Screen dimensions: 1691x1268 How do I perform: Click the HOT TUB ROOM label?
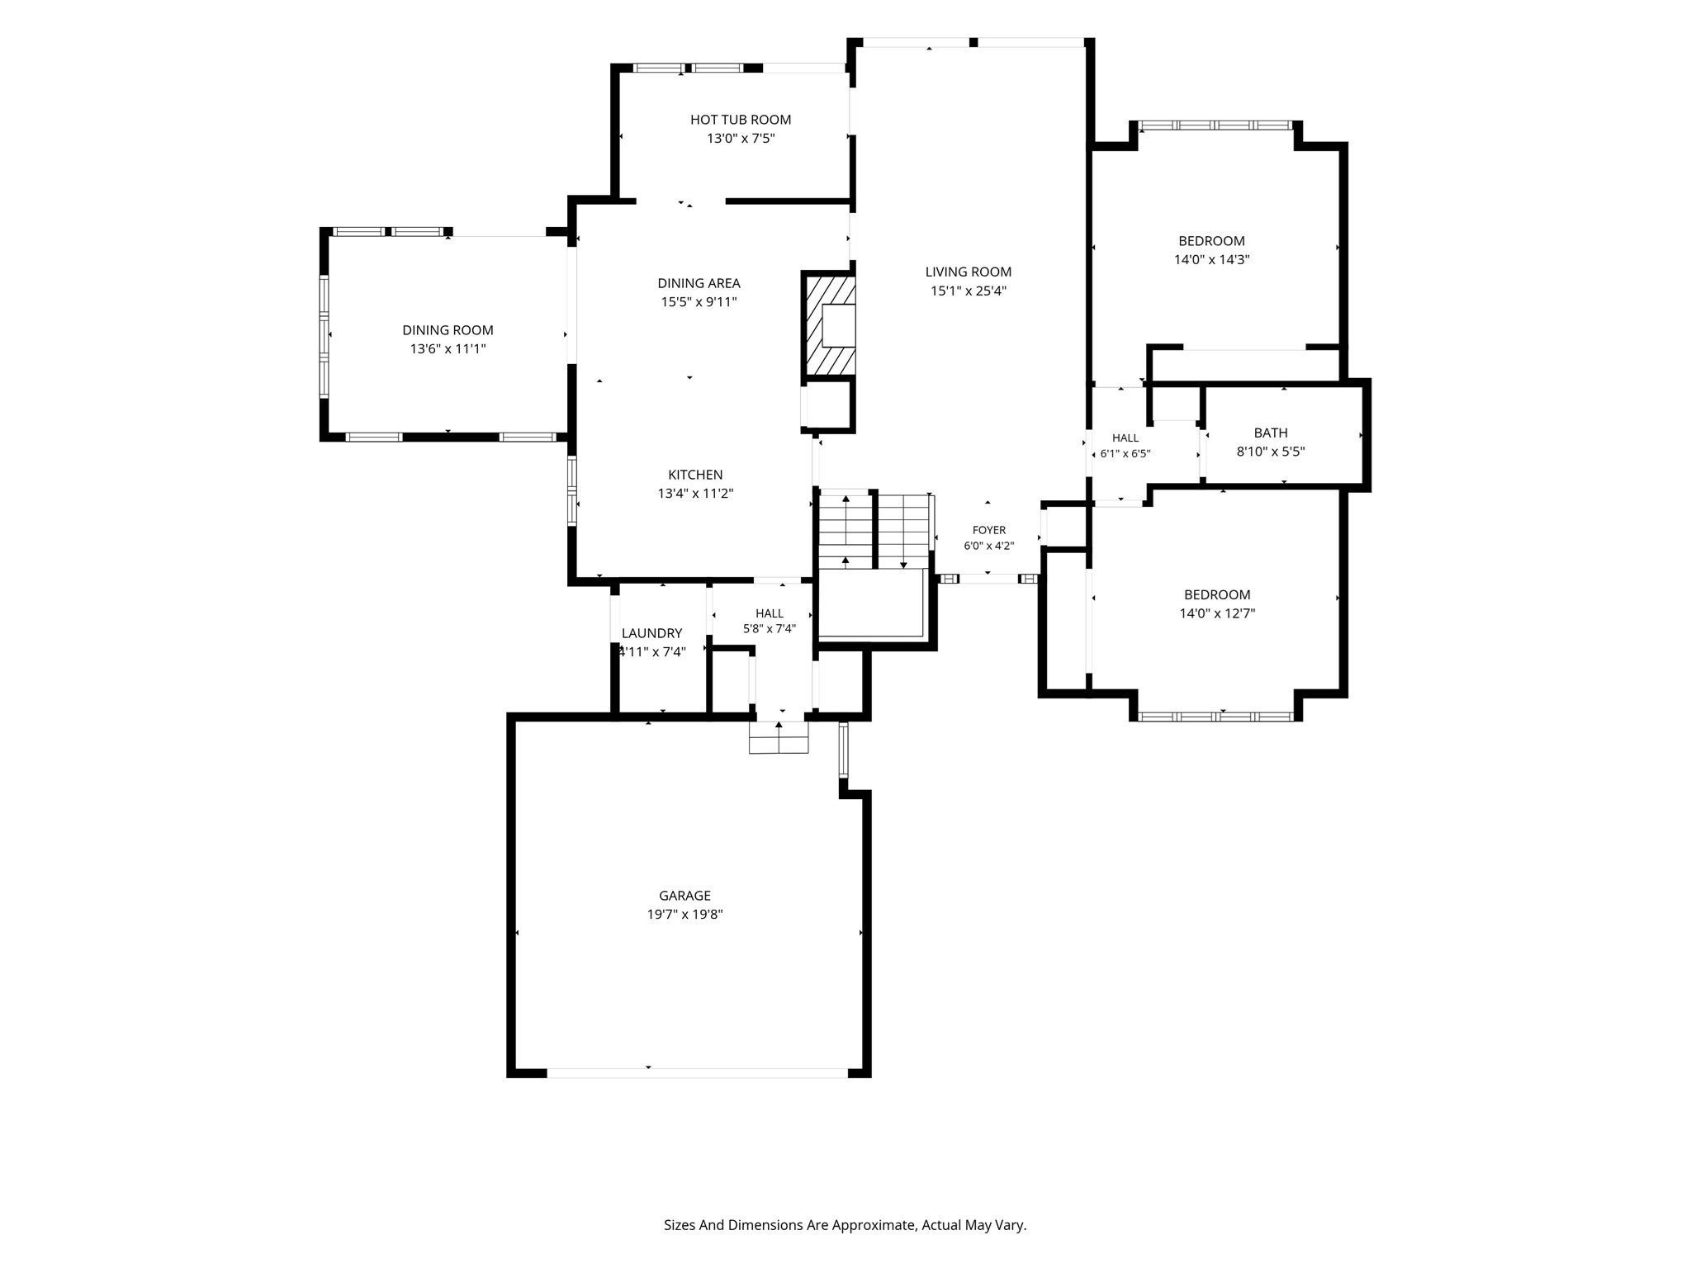pyautogui.click(x=741, y=120)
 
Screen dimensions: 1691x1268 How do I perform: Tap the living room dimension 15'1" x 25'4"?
pyautogui.click(x=969, y=291)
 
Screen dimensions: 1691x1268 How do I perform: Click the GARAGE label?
pyautogui.click(x=684, y=896)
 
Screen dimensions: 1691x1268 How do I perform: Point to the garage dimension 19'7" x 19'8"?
pyautogui.click(x=684, y=915)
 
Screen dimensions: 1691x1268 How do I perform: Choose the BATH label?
pyautogui.click(x=1271, y=433)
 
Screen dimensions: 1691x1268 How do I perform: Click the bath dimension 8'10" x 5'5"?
pyautogui.click(x=1271, y=452)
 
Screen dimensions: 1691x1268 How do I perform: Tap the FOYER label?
pyautogui.click(x=989, y=530)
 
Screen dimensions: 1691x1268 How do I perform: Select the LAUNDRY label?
pyautogui.click(x=651, y=633)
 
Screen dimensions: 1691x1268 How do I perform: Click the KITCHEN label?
pyautogui.click(x=695, y=475)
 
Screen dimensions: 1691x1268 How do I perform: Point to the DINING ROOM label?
pyautogui.click(x=448, y=330)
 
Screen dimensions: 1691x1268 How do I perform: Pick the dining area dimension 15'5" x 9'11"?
pyautogui.click(x=699, y=302)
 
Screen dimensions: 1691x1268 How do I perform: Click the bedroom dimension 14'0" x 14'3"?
pyautogui.click(x=1211, y=259)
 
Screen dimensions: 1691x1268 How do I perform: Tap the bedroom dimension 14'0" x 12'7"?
pyautogui.click(x=1217, y=613)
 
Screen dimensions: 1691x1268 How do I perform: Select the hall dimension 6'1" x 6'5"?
pyautogui.click(x=1125, y=453)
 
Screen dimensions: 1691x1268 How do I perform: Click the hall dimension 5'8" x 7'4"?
pyautogui.click(x=769, y=628)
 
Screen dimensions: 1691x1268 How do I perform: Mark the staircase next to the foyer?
pyautogui.click(x=875, y=531)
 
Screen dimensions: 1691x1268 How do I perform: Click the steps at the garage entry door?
pyautogui.click(x=779, y=737)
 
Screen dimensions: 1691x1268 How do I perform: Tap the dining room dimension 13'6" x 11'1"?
pyautogui.click(x=448, y=349)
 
